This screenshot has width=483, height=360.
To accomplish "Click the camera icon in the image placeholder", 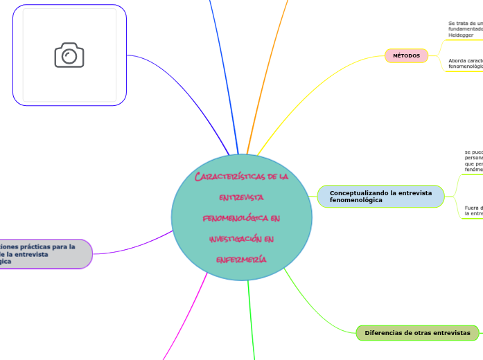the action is point(69,55).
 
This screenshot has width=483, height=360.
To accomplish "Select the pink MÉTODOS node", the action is point(406,55).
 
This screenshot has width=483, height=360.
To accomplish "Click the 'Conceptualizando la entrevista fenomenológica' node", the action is point(380,196).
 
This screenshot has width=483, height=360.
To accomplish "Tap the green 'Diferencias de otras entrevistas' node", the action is point(417,333).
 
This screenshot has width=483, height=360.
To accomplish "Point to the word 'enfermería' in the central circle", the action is point(242,259).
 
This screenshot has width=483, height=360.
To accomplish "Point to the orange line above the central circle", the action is point(267,69).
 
